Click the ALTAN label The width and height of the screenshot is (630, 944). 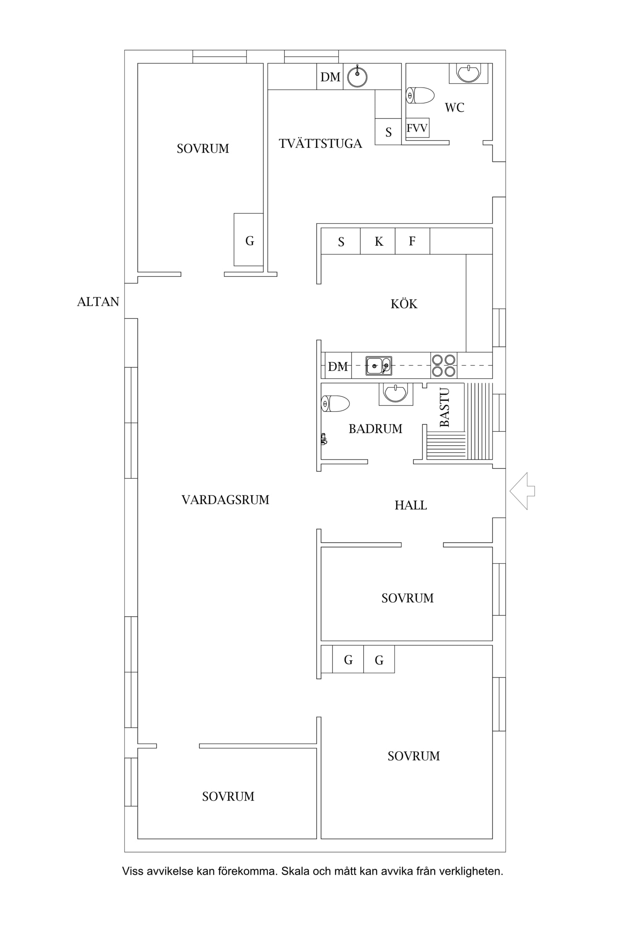tap(98, 302)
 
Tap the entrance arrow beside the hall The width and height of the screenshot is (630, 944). tap(522, 491)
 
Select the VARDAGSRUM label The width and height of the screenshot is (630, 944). tap(225, 500)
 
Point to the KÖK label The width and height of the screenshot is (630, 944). tap(404, 303)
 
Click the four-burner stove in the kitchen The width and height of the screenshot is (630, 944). tap(444, 365)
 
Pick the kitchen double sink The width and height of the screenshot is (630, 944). tap(379, 366)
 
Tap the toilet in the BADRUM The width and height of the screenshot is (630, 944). tap(336, 404)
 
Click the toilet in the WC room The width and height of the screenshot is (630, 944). tap(420, 96)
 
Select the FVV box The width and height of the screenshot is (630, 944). tap(417, 128)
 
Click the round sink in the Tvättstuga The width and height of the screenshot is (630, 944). tap(357, 77)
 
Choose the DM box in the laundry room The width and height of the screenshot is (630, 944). tap(330, 76)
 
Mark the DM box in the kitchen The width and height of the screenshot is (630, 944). tap(338, 366)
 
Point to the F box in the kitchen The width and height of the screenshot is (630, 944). tap(412, 241)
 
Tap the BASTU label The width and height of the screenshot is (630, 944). tap(444, 407)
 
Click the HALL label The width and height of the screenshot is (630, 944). tap(411, 505)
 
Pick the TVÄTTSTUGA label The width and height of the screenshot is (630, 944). tap(320, 143)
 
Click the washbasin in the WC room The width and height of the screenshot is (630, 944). tap(468, 73)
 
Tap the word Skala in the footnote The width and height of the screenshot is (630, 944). tap(295, 871)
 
